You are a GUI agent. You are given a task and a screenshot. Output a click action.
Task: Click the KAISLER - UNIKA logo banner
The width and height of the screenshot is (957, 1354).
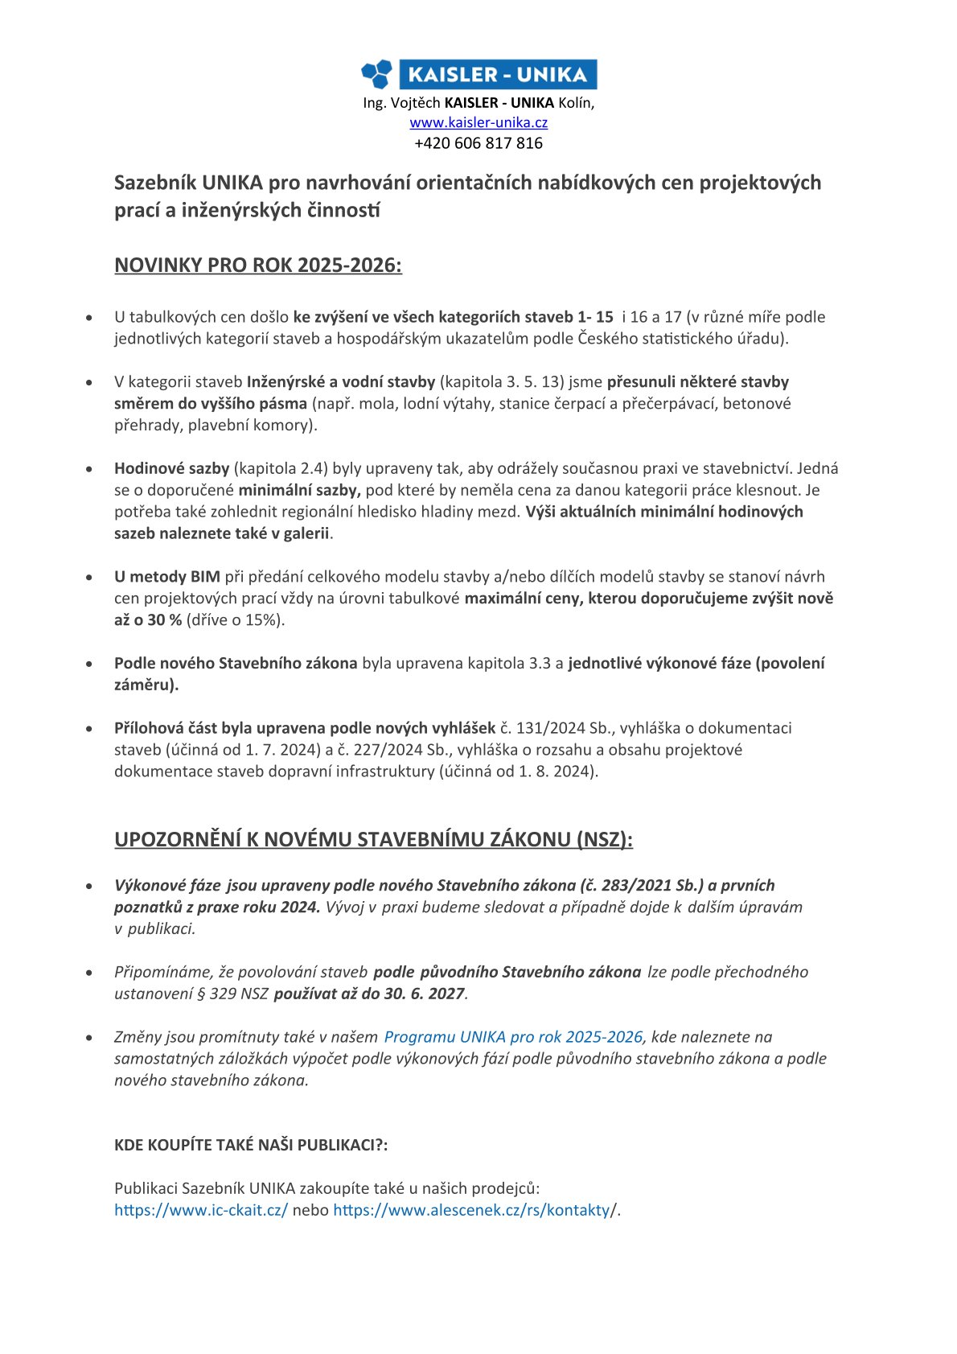point(479,74)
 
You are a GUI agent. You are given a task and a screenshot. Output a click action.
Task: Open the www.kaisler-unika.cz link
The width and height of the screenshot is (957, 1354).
point(478,123)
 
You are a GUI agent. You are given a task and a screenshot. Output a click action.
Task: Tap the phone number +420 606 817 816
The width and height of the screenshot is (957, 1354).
point(478,143)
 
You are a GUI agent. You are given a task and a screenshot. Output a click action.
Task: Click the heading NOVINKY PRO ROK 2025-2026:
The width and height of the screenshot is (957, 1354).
point(258,265)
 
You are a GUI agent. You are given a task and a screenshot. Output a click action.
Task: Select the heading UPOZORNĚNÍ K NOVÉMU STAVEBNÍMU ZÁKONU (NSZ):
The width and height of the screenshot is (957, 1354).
point(373,840)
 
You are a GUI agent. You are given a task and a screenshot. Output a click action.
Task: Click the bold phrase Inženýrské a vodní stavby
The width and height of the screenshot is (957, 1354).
point(341,382)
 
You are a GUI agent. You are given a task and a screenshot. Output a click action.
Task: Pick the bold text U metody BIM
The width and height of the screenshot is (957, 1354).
point(167,577)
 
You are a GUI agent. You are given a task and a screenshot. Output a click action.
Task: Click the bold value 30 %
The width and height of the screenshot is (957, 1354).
point(164,620)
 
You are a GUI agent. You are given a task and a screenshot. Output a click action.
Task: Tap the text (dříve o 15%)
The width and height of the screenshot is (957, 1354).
point(236,620)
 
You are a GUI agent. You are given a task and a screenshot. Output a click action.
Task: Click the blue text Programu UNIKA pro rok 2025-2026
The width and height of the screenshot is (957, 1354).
point(513,1037)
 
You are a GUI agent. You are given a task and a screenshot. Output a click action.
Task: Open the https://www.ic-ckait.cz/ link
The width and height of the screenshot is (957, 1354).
point(201,1210)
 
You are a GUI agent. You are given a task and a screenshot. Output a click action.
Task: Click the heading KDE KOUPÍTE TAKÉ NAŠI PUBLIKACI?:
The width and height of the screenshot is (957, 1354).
point(251,1145)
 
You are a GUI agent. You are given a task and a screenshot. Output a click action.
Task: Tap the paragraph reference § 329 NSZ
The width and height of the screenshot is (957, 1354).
point(233,994)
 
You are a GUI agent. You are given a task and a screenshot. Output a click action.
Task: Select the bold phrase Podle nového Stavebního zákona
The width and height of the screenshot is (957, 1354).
point(236,664)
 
